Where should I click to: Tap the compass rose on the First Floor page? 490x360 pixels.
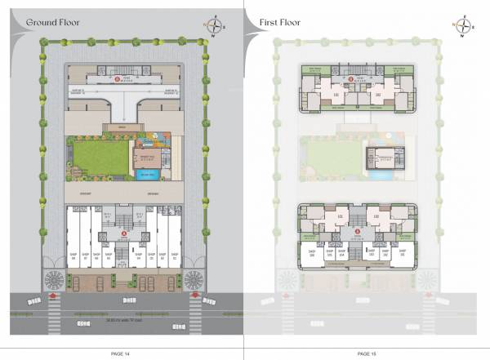[x=464, y=24]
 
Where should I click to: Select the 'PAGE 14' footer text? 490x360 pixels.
[x=120, y=352]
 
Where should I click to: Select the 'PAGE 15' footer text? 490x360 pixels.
[x=367, y=352]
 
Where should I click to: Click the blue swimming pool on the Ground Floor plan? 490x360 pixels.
[x=148, y=174]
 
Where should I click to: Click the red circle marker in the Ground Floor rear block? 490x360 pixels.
[x=121, y=79]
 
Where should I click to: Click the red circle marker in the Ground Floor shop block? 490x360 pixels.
[x=123, y=233]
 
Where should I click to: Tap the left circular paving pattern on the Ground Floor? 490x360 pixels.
[x=53, y=279]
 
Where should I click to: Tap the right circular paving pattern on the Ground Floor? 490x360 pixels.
[x=194, y=279]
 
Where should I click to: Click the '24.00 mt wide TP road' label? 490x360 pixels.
[x=122, y=322]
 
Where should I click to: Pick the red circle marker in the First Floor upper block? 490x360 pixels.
[x=352, y=79]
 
